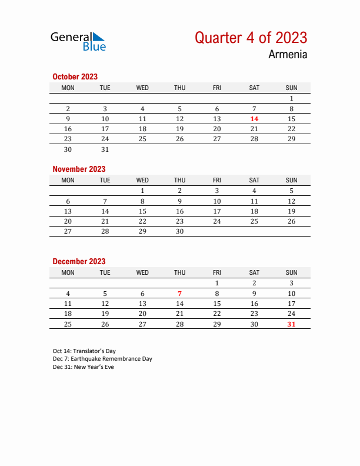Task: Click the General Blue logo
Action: (x=78, y=41)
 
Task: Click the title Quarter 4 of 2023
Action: (x=251, y=38)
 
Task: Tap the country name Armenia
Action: (x=288, y=55)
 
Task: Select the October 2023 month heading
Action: (x=75, y=76)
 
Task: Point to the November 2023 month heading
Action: (x=79, y=169)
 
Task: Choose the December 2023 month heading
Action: (x=79, y=261)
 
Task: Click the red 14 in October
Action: (x=254, y=119)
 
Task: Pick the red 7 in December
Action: (x=179, y=294)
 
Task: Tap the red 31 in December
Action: (x=291, y=324)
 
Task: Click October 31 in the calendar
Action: (x=105, y=149)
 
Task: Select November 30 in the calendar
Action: (x=179, y=232)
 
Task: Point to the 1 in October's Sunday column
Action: (x=291, y=99)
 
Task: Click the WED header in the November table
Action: (x=142, y=180)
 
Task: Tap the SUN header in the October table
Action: (x=291, y=88)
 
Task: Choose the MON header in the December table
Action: (x=68, y=272)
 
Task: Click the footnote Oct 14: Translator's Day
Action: (x=84, y=351)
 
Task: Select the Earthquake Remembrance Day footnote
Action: (x=102, y=359)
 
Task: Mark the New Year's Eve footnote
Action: (x=83, y=367)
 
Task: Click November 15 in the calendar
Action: (x=142, y=211)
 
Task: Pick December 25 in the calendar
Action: (x=68, y=324)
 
